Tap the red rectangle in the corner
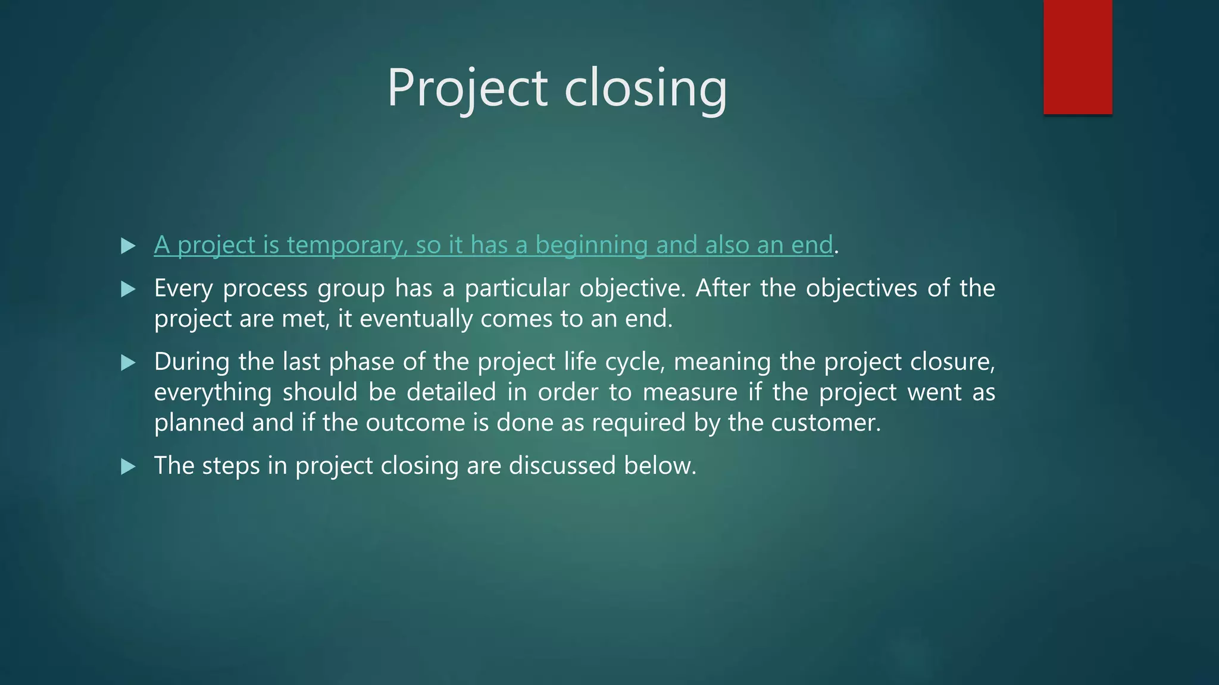1077,56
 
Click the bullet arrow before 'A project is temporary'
128,246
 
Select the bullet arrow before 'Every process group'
128,290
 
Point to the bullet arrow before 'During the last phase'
128,363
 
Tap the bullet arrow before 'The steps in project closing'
128,467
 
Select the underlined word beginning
591,245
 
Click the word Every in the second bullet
183,288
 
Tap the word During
192,362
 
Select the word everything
212,392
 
